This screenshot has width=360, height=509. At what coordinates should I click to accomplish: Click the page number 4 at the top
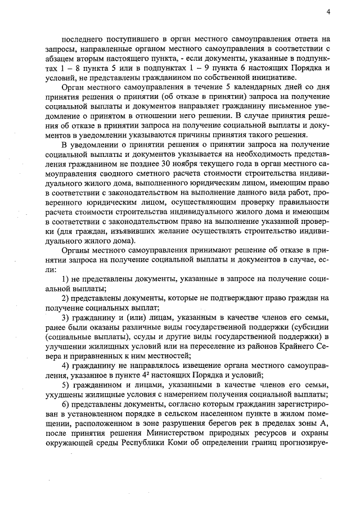pos(327,12)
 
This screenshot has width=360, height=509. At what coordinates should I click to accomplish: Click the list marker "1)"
pos(65,280)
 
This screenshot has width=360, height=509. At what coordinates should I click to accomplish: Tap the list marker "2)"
pos(65,299)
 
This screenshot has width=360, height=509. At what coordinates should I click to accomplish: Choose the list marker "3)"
pos(65,318)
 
